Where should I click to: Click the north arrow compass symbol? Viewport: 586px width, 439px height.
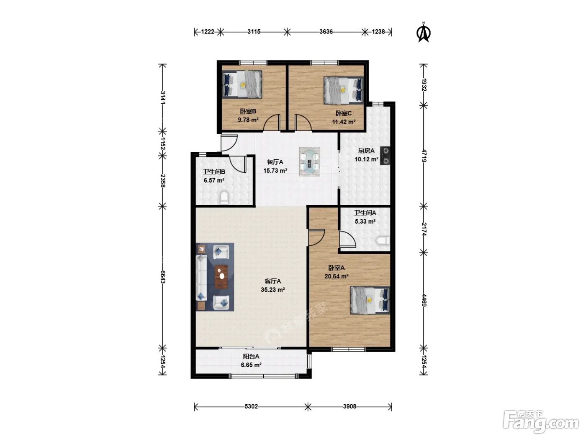[x=424, y=33]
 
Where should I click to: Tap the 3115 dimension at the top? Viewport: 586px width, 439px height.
[x=254, y=32]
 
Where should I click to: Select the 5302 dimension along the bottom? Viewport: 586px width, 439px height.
[x=251, y=406]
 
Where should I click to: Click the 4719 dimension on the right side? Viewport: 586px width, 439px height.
[x=424, y=156]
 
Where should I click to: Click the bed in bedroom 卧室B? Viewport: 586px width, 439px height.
[x=242, y=84]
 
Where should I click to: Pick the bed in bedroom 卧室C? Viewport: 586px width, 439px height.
[x=344, y=90]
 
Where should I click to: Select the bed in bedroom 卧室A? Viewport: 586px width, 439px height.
[x=370, y=300]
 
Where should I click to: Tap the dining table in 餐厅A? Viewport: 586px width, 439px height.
[x=309, y=162]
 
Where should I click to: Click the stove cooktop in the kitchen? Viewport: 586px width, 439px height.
[x=385, y=156]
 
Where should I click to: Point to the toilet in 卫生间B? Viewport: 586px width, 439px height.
[x=224, y=197]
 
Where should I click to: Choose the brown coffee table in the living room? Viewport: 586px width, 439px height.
[x=221, y=277]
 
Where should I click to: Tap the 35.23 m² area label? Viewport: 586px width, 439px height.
[x=272, y=289]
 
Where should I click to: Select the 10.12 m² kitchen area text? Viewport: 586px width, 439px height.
[x=366, y=159]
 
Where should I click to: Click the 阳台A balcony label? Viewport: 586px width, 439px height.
[x=251, y=356]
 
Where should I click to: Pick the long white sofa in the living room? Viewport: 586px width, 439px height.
[x=202, y=278]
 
